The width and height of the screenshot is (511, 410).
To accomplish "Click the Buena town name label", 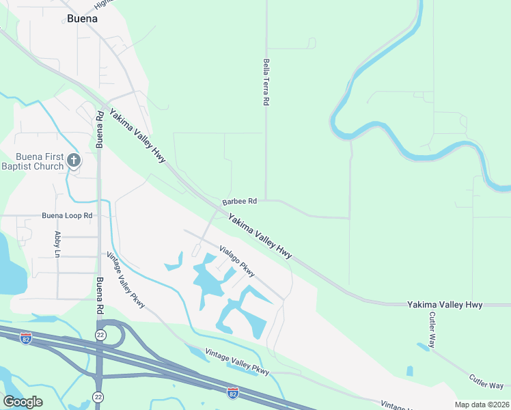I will (x=82, y=18).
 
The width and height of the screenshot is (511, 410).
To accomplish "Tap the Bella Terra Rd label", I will (x=266, y=82).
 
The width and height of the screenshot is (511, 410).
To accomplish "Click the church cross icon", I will (x=74, y=161).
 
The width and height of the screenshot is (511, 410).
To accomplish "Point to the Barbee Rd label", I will (x=239, y=202).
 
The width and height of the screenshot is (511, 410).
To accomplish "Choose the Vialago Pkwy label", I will (x=236, y=262).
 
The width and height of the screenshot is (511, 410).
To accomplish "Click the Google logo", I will (x=23, y=402).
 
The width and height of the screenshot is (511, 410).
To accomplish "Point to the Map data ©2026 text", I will (x=482, y=405).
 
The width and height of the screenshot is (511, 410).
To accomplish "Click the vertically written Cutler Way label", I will (x=432, y=330).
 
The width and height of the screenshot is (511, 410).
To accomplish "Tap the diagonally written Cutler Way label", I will (x=486, y=381).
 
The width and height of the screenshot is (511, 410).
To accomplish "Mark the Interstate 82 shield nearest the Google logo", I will (x=26, y=340).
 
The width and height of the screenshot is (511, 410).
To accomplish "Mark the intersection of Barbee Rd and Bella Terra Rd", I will (x=266, y=200).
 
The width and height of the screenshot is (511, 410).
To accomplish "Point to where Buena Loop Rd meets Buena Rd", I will (x=100, y=216).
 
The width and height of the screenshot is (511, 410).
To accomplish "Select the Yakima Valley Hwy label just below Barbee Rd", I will (x=260, y=236).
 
